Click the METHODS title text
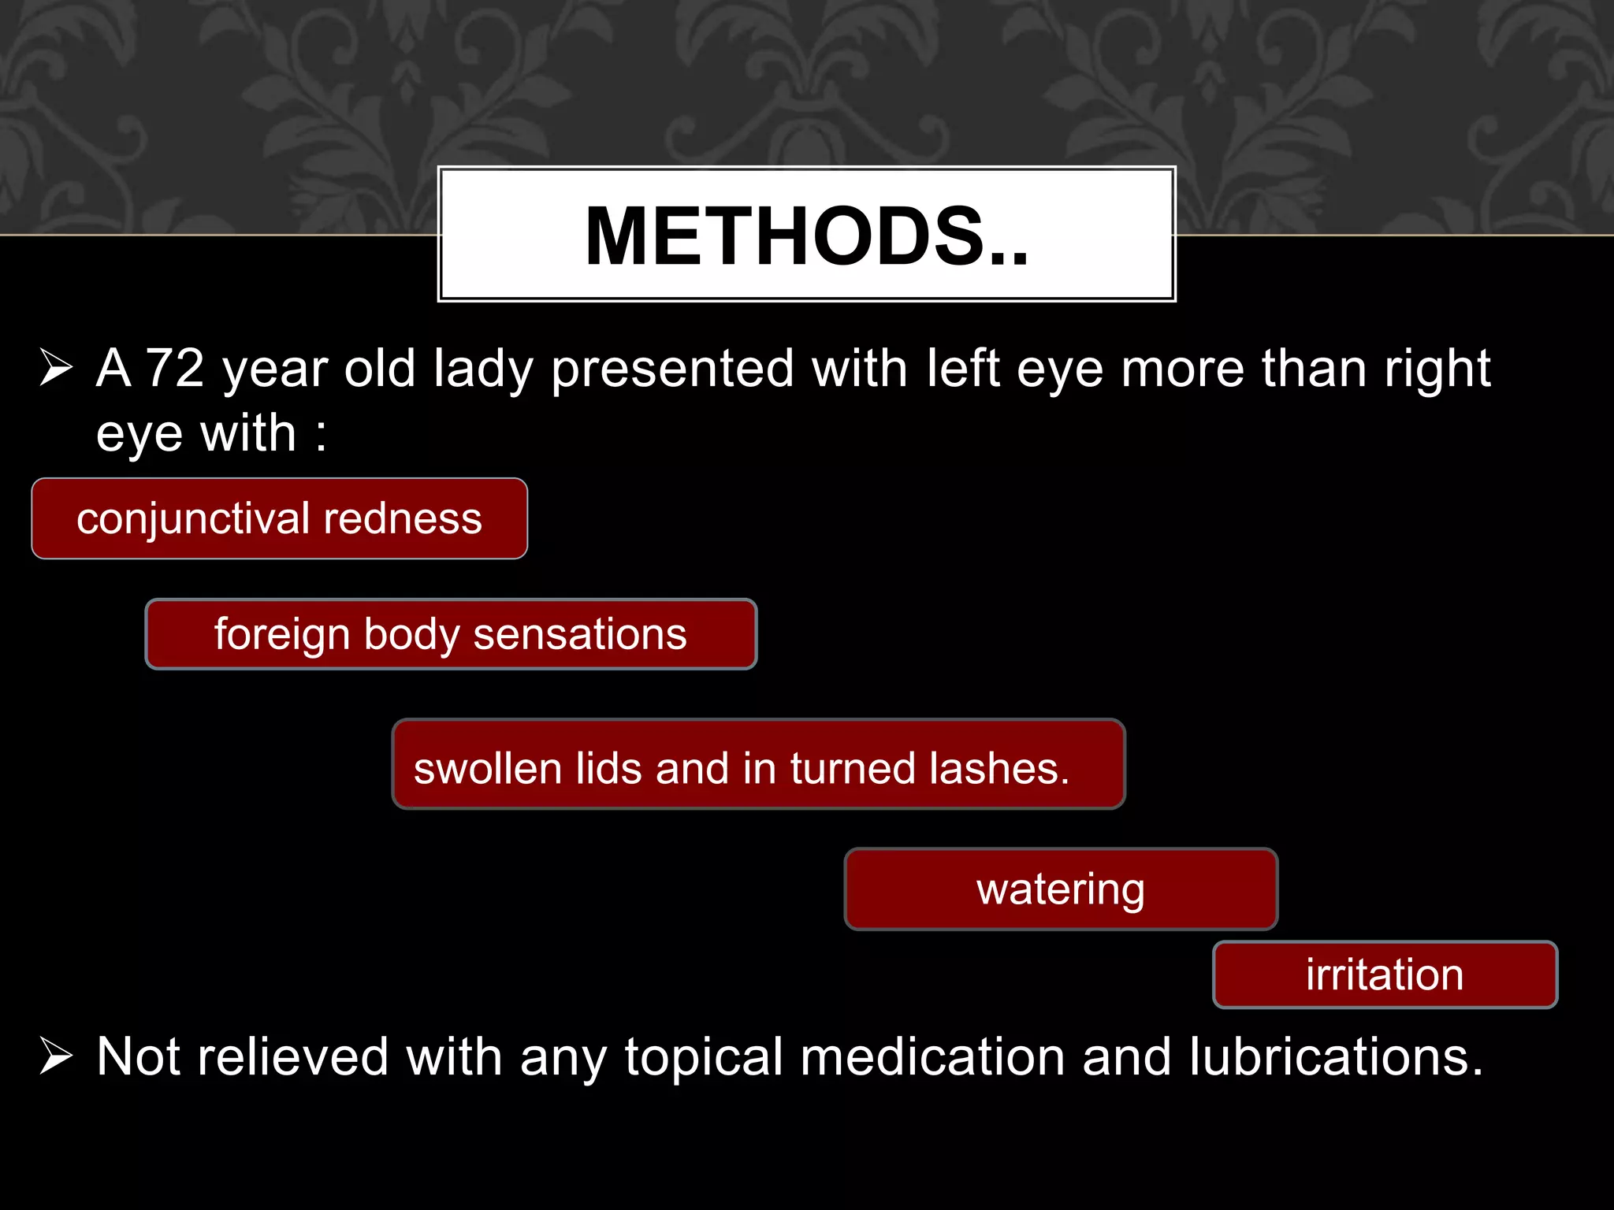pos(806,236)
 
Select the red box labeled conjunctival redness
pos(279,518)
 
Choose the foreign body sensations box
pos(451,634)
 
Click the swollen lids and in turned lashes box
pos(758,765)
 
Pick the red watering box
pos(1060,889)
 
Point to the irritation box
pos(1385,974)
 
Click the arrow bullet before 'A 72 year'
pos(56,368)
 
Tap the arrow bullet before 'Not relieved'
pos(56,1056)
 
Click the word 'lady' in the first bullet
pos(483,369)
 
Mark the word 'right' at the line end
pos(1437,369)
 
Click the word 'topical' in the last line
pos(704,1058)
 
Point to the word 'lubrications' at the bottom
pos(1336,1056)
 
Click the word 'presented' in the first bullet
pos(672,369)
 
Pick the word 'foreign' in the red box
pos(281,636)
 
